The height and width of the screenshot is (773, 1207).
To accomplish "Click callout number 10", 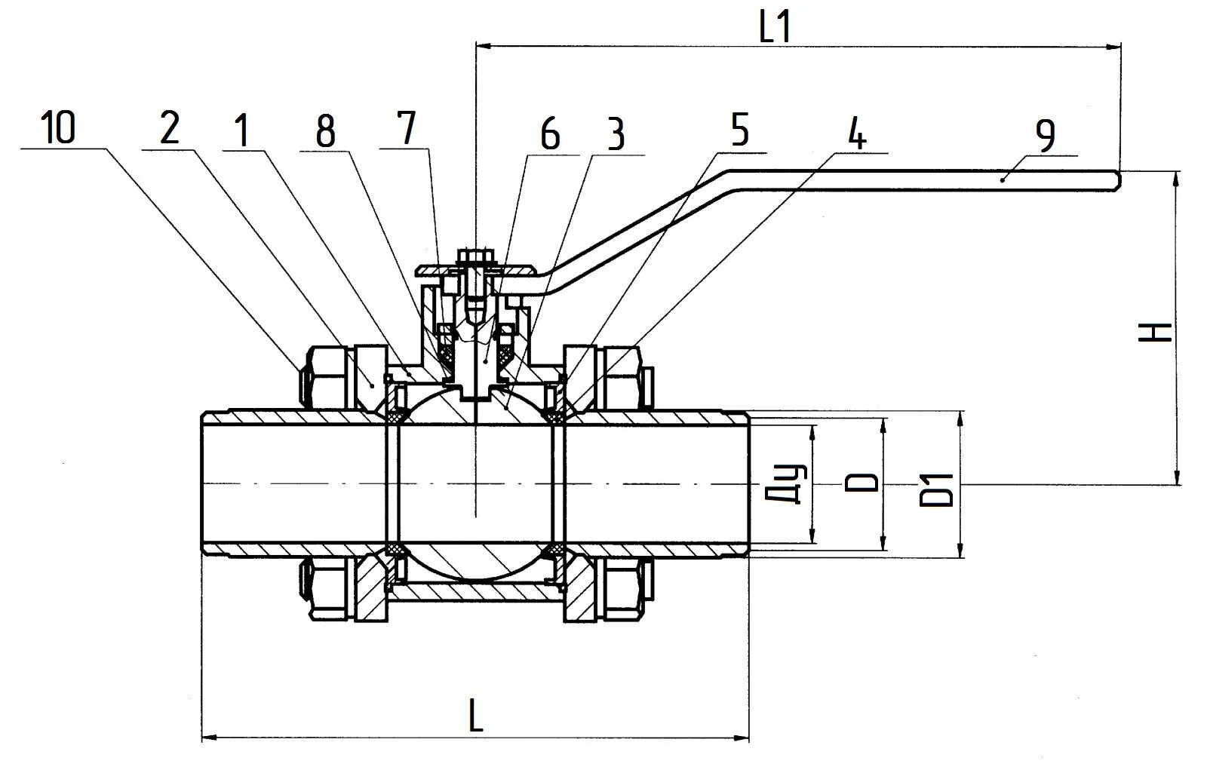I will (59, 128).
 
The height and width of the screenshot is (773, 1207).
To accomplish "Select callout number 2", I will (170, 129).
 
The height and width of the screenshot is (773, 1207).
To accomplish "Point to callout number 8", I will (325, 133).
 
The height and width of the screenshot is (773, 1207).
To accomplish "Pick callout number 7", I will (407, 128).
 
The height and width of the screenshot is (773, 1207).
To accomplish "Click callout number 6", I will (550, 136).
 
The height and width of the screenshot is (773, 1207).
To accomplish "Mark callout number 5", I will (740, 130).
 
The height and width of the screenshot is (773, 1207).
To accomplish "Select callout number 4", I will (856, 135).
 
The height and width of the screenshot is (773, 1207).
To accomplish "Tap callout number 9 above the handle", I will (1045, 136).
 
